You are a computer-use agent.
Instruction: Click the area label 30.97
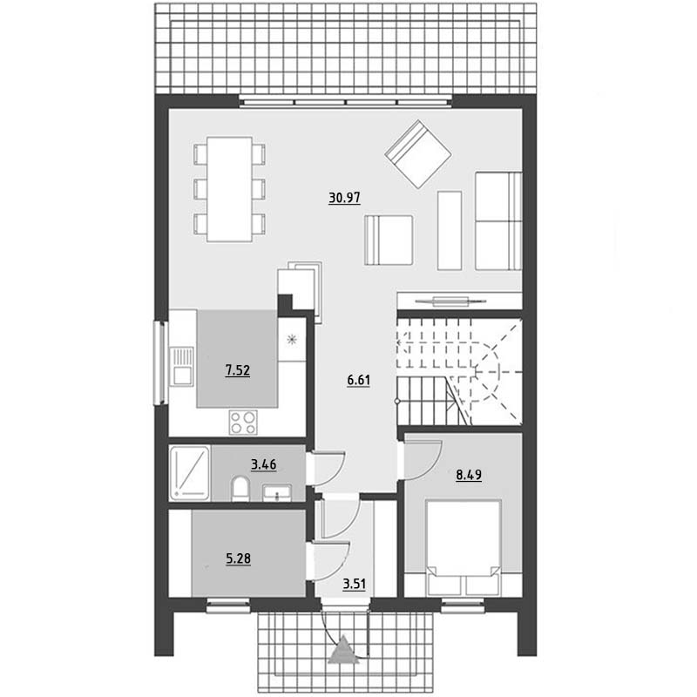point(344,198)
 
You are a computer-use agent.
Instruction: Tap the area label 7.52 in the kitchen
point(238,369)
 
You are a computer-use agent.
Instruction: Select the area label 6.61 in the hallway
point(359,381)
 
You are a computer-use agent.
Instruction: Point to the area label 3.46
point(264,464)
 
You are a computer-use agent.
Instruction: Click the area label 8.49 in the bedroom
point(469,475)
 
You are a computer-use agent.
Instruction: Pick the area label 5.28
point(239,558)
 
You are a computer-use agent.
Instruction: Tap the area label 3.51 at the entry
point(355,584)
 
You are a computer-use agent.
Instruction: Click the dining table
point(229,189)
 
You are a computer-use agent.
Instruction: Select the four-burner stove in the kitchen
point(243,423)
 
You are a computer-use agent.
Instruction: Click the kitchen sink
point(182,366)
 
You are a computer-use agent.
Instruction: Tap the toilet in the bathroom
point(240,489)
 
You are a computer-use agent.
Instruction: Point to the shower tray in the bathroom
point(190,472)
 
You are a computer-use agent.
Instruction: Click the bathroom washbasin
point(276,492)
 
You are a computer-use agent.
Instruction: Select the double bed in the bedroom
point(464,548)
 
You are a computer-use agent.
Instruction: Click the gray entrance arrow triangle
point(343,650)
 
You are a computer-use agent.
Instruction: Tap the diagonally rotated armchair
point(418,154)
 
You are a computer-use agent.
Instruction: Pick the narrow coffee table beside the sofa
point(450,231)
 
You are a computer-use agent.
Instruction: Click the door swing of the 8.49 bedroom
point(423,460)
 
